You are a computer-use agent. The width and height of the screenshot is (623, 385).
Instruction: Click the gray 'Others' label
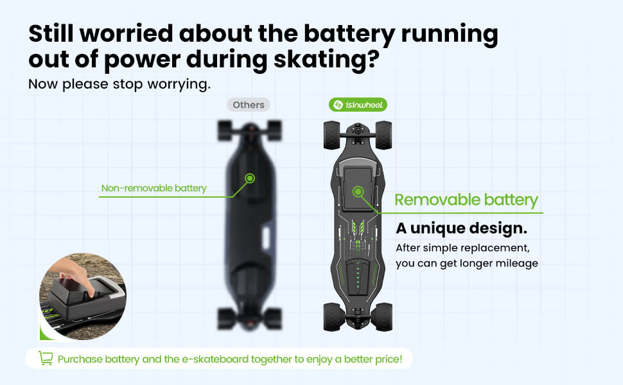pyautogui.click(x=249, y=105)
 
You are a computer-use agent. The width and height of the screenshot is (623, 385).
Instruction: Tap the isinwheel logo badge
pyautogui.click(x=358, y=105)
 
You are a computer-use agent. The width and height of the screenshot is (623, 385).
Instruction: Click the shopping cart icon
pyautogui.click(x=46, y=358)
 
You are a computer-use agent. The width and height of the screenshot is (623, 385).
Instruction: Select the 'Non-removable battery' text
pyautogui.click(x=154, y=188)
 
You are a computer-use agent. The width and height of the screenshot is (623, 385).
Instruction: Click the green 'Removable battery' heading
pyautogui.click(x=466, y=200)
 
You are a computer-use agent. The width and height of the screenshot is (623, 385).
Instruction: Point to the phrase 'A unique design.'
pyautogui.click(x=461, y=228)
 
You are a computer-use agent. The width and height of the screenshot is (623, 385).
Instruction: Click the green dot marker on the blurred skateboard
pyautogui.click(x=249, y=178)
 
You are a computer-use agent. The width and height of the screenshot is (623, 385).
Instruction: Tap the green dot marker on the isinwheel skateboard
pyautogui.click(x=358, y=192)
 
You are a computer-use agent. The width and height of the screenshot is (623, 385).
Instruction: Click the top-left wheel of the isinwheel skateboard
pyautogui.click(x=332, y=135)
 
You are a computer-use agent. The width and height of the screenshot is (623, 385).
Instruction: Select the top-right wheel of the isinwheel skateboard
pyautogui.click(x=383, y=135)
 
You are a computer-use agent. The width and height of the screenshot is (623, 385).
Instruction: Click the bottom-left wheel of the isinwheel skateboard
pyautogui.click(x=332, y=317)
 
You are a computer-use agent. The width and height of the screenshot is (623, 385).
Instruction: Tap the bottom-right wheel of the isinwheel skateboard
pyautogui.click(x=383, y=317)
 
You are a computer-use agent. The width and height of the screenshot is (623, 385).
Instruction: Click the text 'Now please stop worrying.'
pyautogui.click(x=119, y=84)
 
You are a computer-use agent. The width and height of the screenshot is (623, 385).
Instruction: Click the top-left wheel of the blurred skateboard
pyautogui.click(x=225, y=131)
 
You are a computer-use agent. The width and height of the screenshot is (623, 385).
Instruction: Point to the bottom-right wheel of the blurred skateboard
pyautogui.click(x=274, y=318)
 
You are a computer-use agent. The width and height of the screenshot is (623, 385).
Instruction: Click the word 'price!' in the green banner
pyautogui.click(x=389, y=359)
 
